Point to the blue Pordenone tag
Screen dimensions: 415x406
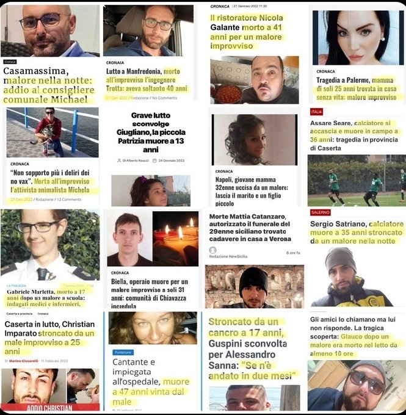(124, 352)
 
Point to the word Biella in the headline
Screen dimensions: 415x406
(121, 282)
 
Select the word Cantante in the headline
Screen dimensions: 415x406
(134, 363)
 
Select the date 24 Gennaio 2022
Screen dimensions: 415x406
(169, 160)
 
